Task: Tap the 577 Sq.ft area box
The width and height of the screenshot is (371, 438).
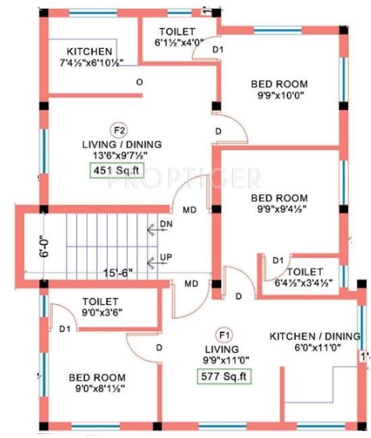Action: pyautogui.click(x=225, y=376)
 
